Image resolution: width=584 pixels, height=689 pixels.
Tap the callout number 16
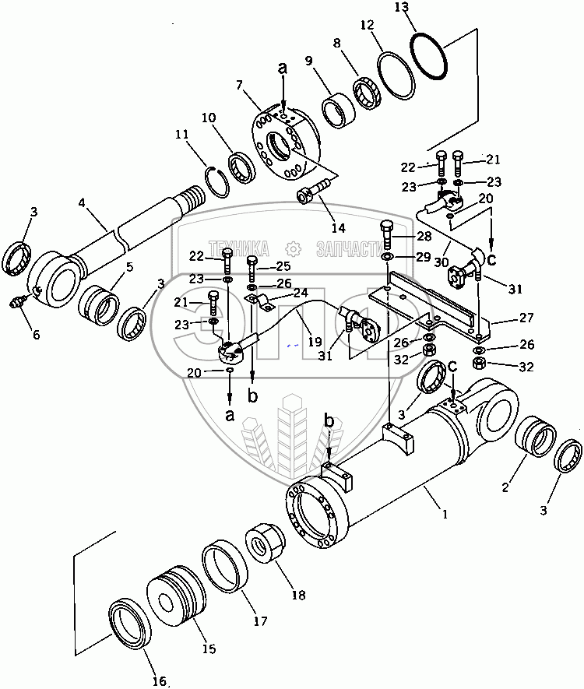point(159,681)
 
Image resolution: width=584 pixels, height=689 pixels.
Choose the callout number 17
point(260,621)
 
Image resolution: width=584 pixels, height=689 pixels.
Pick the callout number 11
point(181,135)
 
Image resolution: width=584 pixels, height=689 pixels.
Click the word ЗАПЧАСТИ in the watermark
point(350,248)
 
